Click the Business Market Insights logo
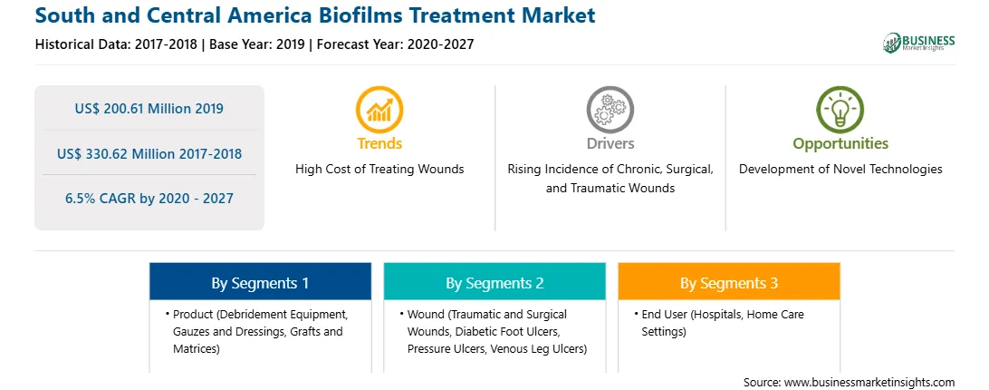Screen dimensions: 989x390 coord(918,43)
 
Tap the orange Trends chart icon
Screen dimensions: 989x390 coord(379,110)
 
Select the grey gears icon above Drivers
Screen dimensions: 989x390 coord(610,110)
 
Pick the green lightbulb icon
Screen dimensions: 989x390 coord(840,110)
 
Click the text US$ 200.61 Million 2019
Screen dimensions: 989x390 coord(149,109)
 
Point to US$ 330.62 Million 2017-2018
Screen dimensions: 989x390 coord(149,153)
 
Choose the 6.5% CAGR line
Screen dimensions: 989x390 coord(149,199)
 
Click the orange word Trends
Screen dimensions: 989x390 coord(379,143)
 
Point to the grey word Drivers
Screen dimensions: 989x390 coord(610,143)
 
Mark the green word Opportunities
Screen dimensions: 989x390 coord(840,144)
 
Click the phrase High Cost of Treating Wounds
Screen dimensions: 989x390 coord(379,170)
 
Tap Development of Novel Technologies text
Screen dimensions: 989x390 coord(840,170)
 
